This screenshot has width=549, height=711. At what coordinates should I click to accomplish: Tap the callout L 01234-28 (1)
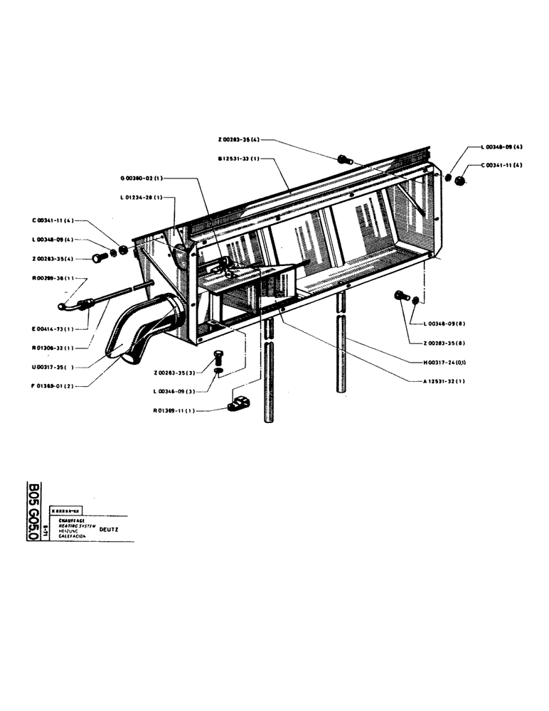coord(142,197)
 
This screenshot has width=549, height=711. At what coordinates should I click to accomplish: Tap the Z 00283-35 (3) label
coord(174,372)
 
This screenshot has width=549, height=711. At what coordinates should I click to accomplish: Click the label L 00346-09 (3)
coord(174,391)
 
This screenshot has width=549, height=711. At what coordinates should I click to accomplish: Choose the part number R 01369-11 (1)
coord(174,410)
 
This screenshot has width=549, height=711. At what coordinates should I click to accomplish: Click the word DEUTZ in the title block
coord(110,529)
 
